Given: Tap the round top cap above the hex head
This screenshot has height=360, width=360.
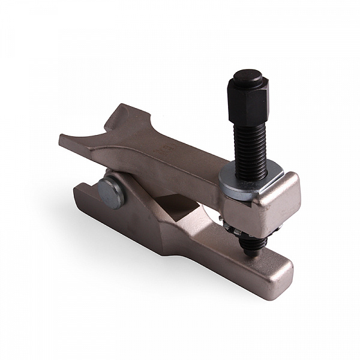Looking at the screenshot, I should point(248,77).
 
